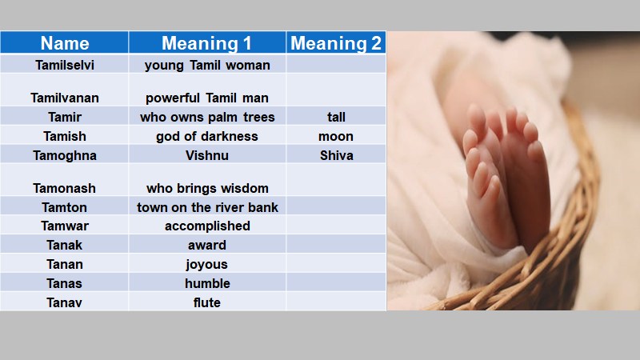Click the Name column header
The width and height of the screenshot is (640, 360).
[65, 43]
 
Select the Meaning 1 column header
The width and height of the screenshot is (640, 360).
[206, 43]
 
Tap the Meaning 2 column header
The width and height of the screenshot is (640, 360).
[335, 43]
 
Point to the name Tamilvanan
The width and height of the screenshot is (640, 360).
[65, 98]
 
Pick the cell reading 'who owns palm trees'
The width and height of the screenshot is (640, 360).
[207, 118]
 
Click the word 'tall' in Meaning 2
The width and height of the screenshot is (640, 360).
[336, 118]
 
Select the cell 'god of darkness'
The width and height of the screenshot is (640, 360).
[207, 137]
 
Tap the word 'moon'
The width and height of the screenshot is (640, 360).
[336, 137]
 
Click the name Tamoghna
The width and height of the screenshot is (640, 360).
[65, 156]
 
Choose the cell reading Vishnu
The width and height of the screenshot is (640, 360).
[207, 156]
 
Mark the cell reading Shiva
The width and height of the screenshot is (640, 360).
[336, 156]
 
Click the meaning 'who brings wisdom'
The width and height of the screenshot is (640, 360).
[207, 189]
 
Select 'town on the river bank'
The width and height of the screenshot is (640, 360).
[207, 208]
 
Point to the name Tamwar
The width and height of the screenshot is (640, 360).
[65, 226]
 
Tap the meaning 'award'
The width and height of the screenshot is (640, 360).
[207, 246]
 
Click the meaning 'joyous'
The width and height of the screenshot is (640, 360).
[207, 265]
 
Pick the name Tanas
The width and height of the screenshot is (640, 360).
[65, 284]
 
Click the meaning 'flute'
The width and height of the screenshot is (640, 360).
[207, 303]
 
